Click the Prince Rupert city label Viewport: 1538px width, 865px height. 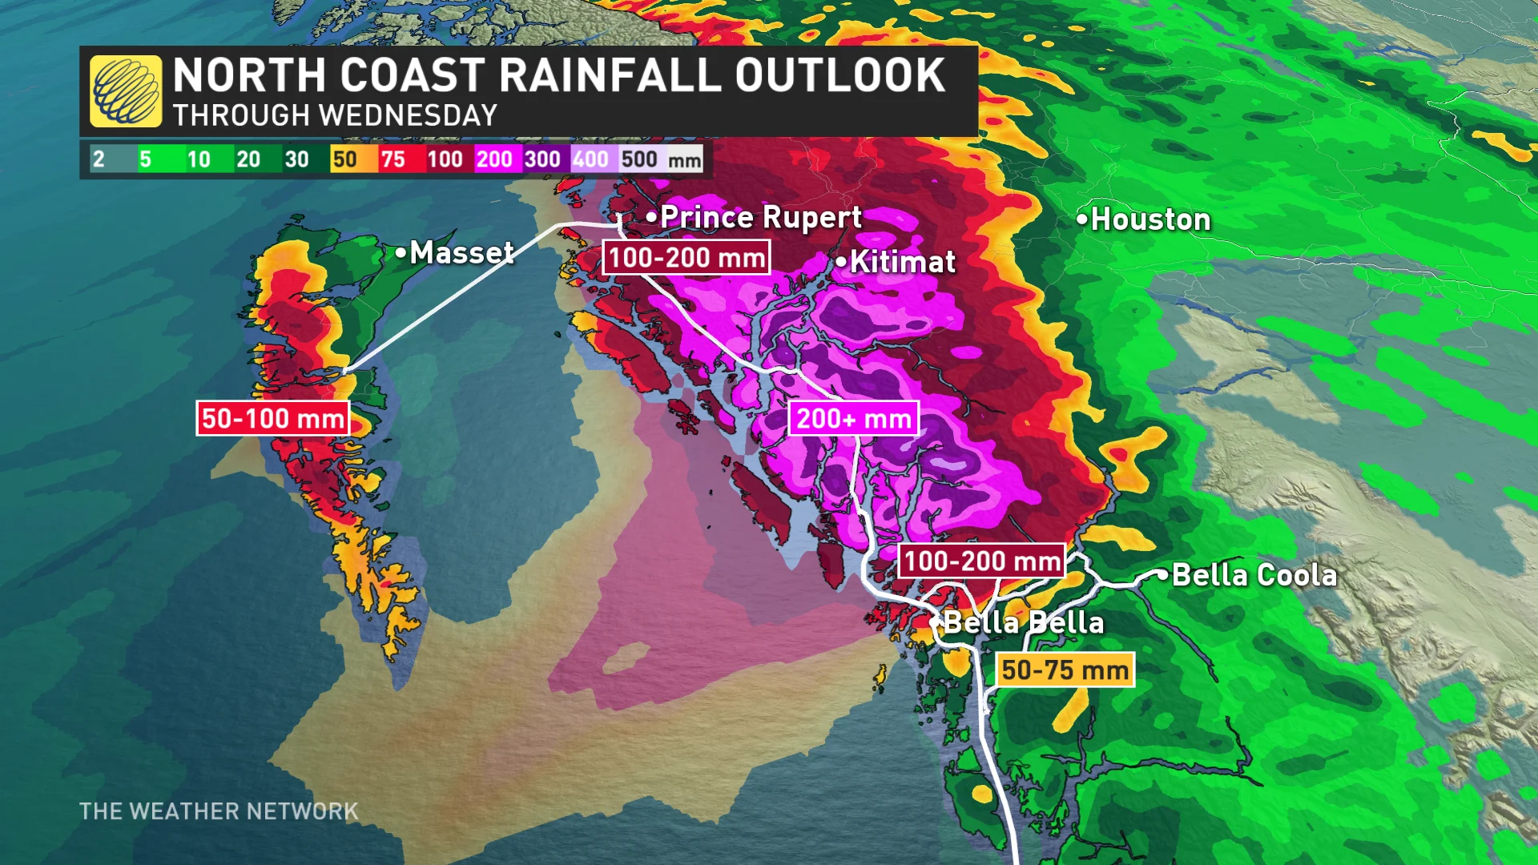(760, 217)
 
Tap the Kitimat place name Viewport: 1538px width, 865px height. (902, 262)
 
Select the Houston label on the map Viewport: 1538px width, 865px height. (1150, 219)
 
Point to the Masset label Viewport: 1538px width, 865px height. (461, 253)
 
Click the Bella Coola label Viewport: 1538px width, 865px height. (1254, 575)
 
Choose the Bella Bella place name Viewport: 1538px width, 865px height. (1024, 622)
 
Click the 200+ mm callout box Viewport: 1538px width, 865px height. (854, 419)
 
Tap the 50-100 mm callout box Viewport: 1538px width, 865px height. (273, 418)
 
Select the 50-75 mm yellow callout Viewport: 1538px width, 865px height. (1065, 670)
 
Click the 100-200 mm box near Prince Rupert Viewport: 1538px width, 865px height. (686, 258)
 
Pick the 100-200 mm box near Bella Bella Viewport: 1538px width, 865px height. (982, 561)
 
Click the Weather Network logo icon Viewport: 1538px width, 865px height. (126, 91)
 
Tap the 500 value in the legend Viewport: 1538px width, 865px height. (639, 159)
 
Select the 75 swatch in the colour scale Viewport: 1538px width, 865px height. (393, 159)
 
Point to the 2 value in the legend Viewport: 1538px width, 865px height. (99, 159)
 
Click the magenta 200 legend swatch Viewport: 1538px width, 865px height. (494, 159)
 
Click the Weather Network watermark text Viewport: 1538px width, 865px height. (219, 811)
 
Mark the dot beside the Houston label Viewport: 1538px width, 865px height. (1082, 218)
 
